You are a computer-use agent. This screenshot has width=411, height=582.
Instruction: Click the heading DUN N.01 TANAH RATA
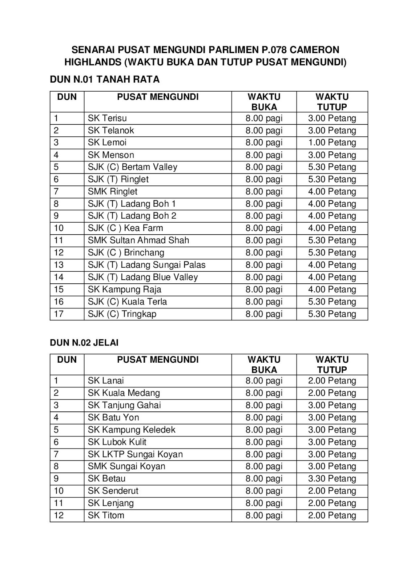(105, 80)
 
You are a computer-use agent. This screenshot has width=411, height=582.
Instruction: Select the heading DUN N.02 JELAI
(84, 343)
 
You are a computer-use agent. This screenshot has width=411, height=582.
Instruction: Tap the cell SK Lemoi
(107, 143)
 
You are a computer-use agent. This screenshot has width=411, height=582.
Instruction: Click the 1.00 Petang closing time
(332, 143)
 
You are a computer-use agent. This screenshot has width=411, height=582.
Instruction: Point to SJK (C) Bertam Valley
(133, 167)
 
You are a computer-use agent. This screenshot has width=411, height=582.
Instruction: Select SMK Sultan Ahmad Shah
(138, 240)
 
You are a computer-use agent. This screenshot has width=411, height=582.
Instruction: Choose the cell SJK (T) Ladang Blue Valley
(143, 277)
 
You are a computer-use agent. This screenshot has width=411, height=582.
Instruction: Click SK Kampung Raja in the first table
(125, 290)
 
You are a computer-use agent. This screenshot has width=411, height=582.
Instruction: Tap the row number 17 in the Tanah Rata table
(59, 314)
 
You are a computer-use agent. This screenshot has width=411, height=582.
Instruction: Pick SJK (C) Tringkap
(122, 314)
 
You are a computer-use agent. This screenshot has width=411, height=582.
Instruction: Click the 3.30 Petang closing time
(332, 479)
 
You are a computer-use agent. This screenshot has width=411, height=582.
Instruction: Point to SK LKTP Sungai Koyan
(135, 454)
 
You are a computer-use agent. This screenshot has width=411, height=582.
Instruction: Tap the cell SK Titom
(106, 515)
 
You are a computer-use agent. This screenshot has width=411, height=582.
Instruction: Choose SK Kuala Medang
(124, 393)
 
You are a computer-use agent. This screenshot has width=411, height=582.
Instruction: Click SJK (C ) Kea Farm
(125, 228)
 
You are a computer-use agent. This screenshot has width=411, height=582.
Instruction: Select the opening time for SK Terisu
(264, 118)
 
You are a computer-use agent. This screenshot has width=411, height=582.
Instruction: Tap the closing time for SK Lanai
(332, 381)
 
